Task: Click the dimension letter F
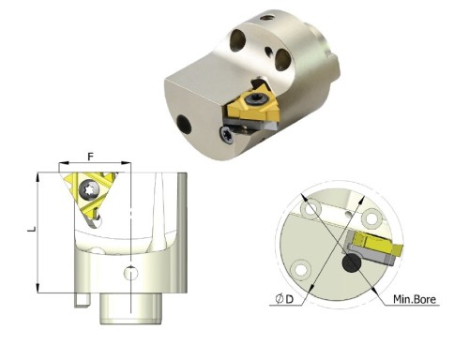pyautogui.click(x=91, y=157)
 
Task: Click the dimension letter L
pyautogui.click(x=32, y=229)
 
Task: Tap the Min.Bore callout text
pyautogui.click(x=415, y=299)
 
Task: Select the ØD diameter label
pyautogui.click(x=284, y=299)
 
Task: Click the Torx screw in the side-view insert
pyautogui.click(x=90, y=189)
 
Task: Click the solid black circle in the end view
pyautogui.click(x=352, y=262)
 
